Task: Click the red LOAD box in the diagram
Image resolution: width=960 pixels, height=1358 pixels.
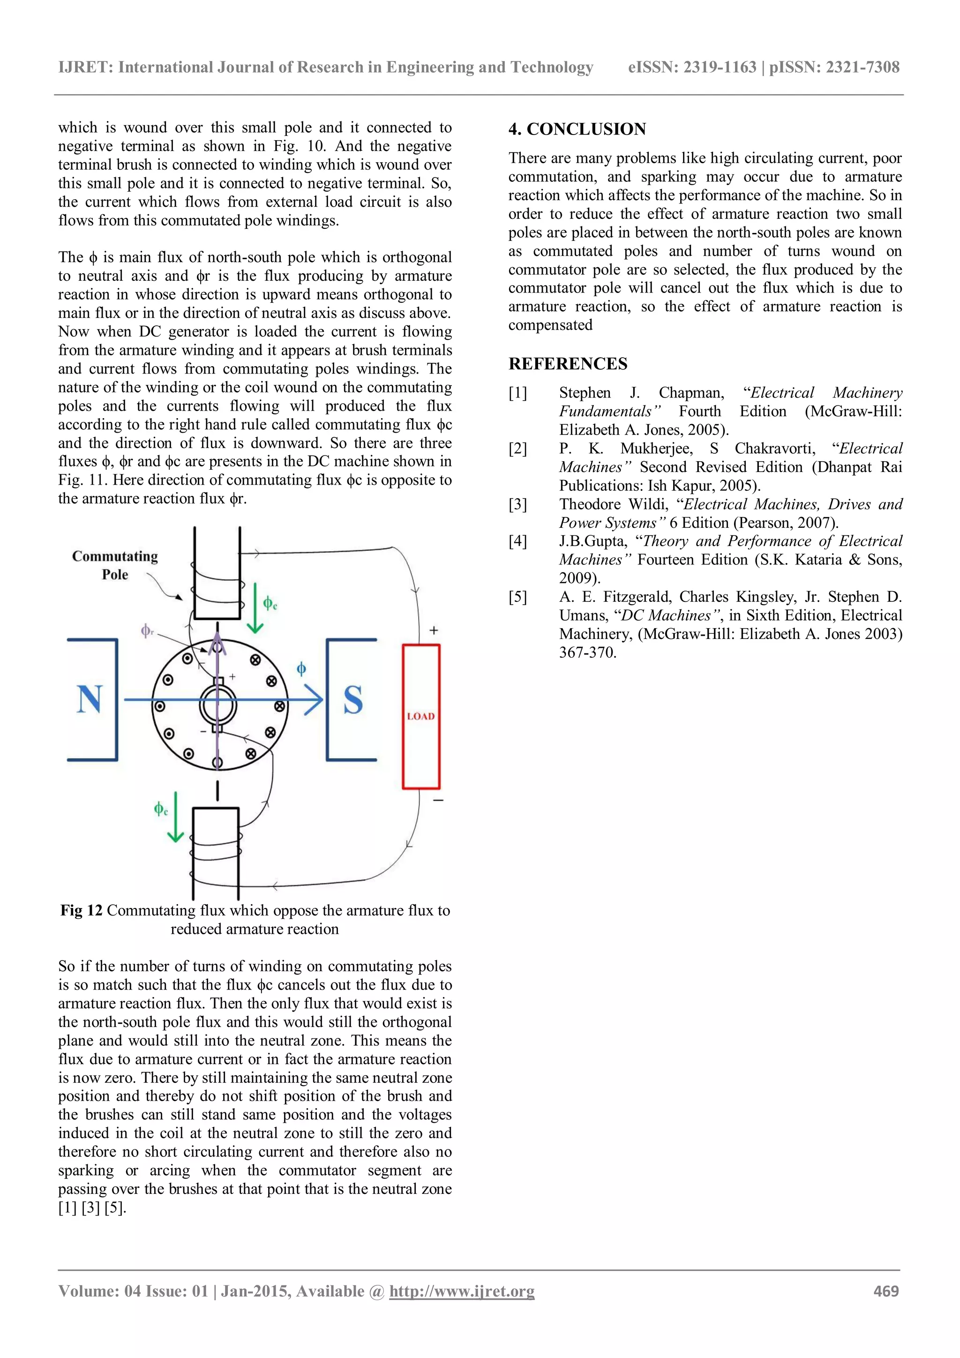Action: (x=420, y=716)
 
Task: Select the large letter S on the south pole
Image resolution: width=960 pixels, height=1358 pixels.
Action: (x=353, y=700)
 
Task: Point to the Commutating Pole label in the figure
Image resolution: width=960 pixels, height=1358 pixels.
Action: (x=115, y=565)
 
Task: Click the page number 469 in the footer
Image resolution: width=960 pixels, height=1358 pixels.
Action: (x=885, y=1291)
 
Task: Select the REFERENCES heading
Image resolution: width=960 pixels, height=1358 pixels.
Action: (x=568, y=364)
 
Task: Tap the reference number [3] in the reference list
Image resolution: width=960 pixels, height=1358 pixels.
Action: (x=517, y=504)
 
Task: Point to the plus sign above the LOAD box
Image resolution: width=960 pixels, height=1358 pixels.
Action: (x=434, y=630)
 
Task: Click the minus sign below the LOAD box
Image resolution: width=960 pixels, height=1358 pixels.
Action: (x=438, y=800)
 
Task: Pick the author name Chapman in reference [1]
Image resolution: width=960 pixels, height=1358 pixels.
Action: (x=691, y=393)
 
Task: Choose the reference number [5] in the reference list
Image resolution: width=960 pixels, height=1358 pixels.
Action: (x=517, y=597)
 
